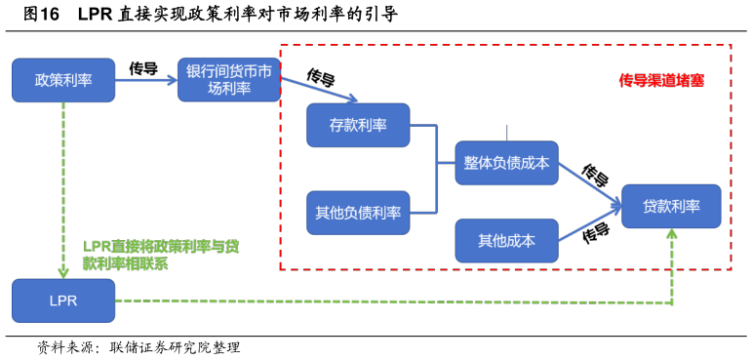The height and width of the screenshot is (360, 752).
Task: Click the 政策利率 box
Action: pos(63,80)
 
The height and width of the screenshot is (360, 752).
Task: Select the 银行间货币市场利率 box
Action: pos(229,80)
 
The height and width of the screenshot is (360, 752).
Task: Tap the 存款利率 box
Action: pos(358,125)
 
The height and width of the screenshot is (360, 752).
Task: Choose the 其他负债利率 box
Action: pos(358,213)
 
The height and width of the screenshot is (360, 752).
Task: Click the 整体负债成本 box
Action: pos(506,164)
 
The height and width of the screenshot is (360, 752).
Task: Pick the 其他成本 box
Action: pos(506,240)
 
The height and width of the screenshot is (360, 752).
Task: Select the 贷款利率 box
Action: pos(671,206)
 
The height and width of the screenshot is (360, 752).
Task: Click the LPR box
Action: pos(63,300)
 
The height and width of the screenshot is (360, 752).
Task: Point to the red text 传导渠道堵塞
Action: pos(661,81)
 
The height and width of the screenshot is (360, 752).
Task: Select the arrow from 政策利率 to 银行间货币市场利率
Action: pos(146,81)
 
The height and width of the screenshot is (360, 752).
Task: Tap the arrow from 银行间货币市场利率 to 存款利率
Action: pos(320,90)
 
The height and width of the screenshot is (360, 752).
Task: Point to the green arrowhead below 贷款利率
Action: pos(672,234)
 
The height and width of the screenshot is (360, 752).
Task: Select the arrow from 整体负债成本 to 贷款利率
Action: pos(590,185)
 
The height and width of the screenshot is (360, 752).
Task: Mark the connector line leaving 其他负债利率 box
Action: pos(423,212)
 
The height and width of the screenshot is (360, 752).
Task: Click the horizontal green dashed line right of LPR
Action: pos(390,301)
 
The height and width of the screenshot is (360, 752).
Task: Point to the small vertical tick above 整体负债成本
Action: pos(506,133)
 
